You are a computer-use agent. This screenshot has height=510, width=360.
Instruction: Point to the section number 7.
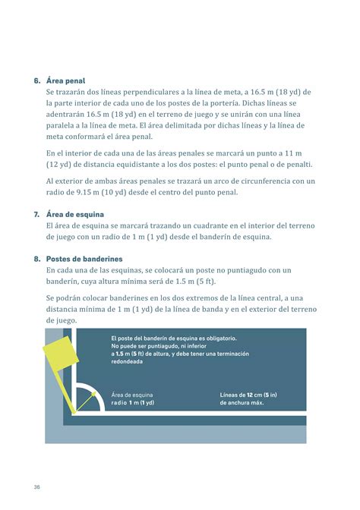tap(36, 215)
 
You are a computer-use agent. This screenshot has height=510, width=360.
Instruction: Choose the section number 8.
tap(36, 259)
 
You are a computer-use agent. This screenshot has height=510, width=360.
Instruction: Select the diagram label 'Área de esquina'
tap(132, 395)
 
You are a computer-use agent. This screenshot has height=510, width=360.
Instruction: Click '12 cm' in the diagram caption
tap(253, 395)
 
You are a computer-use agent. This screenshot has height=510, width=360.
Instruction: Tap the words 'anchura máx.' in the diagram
tap(245, 403)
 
